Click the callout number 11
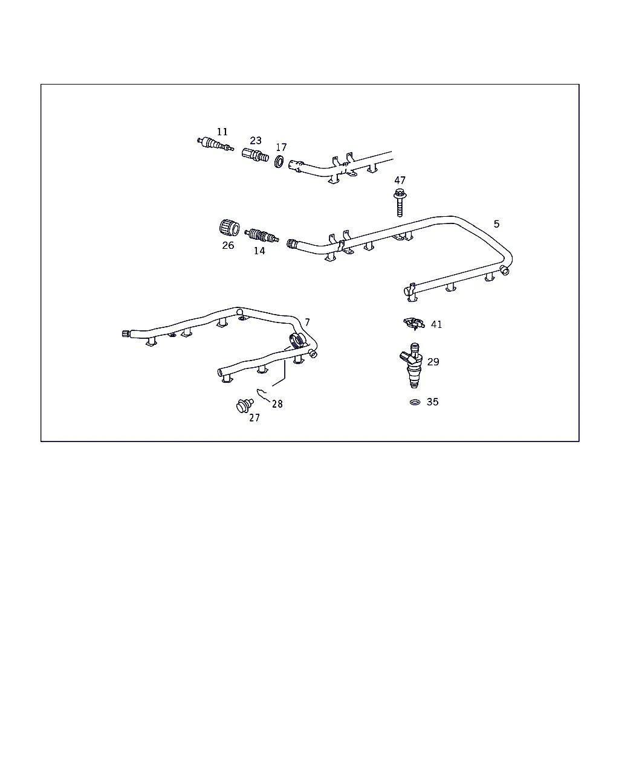click(x=222, y=132)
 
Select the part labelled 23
click(x=255, y=155)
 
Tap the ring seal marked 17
click(x=279, y=162)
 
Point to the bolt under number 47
click(x=400, y=202)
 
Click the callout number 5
click(x=496, y=224)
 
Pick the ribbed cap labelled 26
click(x=230, y=228)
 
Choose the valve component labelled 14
click(x=262, y=236)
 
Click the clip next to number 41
click(x=413, y=322)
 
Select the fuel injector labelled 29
click(x=412, y=365)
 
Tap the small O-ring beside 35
click(x=415, y=402)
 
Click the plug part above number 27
click(x=245, y=406)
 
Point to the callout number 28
click(x=277, y=404)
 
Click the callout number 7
click(x=307, y=322)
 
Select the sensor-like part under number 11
click(x=215, y=144)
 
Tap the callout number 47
click(x=400, y=181)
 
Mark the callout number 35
click(x=433, y=402)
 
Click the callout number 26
click(x=228, y=245)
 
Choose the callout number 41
click(x=436, y=324)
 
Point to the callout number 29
click(x=433, y=362)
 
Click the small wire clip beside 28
click(x=263, y=395)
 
